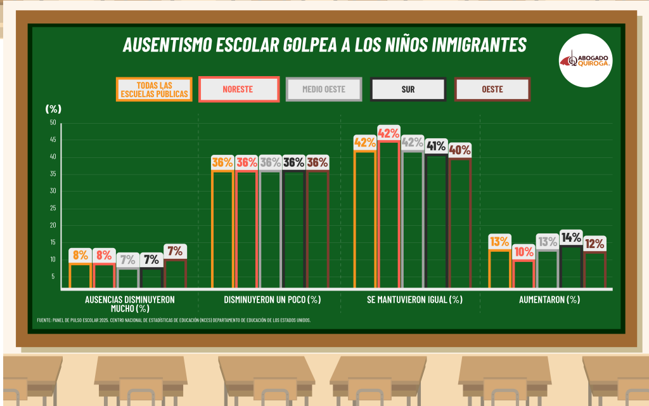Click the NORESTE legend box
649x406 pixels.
point(239,89)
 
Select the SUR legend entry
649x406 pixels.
point(408,89)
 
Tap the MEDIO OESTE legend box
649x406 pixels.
point(324,89)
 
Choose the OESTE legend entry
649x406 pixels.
point(492,89)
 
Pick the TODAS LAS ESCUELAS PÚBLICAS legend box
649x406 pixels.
point(154,89)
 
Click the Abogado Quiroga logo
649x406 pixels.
point(586,61)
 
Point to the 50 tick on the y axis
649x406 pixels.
point(53,122)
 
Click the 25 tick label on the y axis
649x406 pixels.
point(53,208)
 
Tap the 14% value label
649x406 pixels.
point(571,238)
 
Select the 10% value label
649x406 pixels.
point(524,252)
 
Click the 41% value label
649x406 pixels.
point(436,147)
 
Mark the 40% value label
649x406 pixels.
point(459,150)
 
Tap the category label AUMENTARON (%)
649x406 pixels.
point(549,299)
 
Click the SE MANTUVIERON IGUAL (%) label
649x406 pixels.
point(414,299)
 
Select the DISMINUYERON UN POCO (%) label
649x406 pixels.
point(272,299)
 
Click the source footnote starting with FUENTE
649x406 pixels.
point(174,320)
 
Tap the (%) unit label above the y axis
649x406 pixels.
point(54,108)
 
